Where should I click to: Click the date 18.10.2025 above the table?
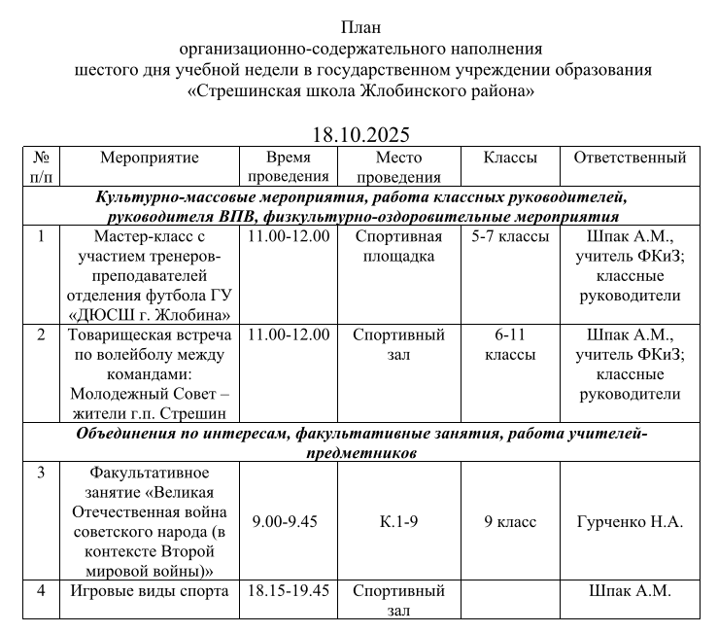click(x=361, y=134)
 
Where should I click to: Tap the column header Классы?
click(x=509, y=158)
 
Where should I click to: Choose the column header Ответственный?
click(x=630, y=158)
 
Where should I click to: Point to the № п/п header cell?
click(x=41, y=167)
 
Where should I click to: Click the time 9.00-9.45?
click(x=285, y=522)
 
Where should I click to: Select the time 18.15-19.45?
click(x=289, y=590)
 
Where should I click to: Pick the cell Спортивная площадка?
click(x=398, y=246)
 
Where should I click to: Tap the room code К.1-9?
click(x=398, y=522)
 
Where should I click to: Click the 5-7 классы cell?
click(x=510, y=236)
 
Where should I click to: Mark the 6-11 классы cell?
click(x=510, y=344)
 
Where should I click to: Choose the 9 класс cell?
click(x=510, y=522)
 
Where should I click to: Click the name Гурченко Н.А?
click(x=630, y=522)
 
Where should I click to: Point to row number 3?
click(x=41, y=474)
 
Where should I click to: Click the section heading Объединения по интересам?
click(x=181, y=434)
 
